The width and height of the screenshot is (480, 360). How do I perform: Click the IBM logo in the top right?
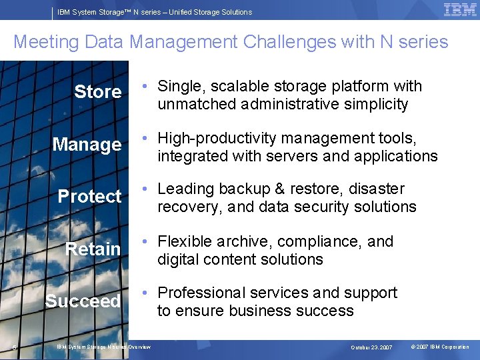460,10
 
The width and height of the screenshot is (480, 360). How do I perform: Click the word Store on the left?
98,92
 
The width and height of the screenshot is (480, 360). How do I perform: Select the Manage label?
87,145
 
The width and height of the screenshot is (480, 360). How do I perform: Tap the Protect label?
89,197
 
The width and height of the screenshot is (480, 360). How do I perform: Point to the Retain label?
93,249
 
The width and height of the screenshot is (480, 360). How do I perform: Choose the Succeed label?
83,301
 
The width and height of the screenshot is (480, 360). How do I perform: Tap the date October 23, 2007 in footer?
372,347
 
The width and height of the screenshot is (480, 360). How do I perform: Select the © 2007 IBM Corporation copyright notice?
440,347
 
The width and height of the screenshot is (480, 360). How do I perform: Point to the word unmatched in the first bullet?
191,105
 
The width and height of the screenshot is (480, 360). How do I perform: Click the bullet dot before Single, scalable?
145,87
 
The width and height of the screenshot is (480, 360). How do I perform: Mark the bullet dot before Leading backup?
145,190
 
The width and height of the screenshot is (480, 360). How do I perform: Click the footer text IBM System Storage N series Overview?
103,347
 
